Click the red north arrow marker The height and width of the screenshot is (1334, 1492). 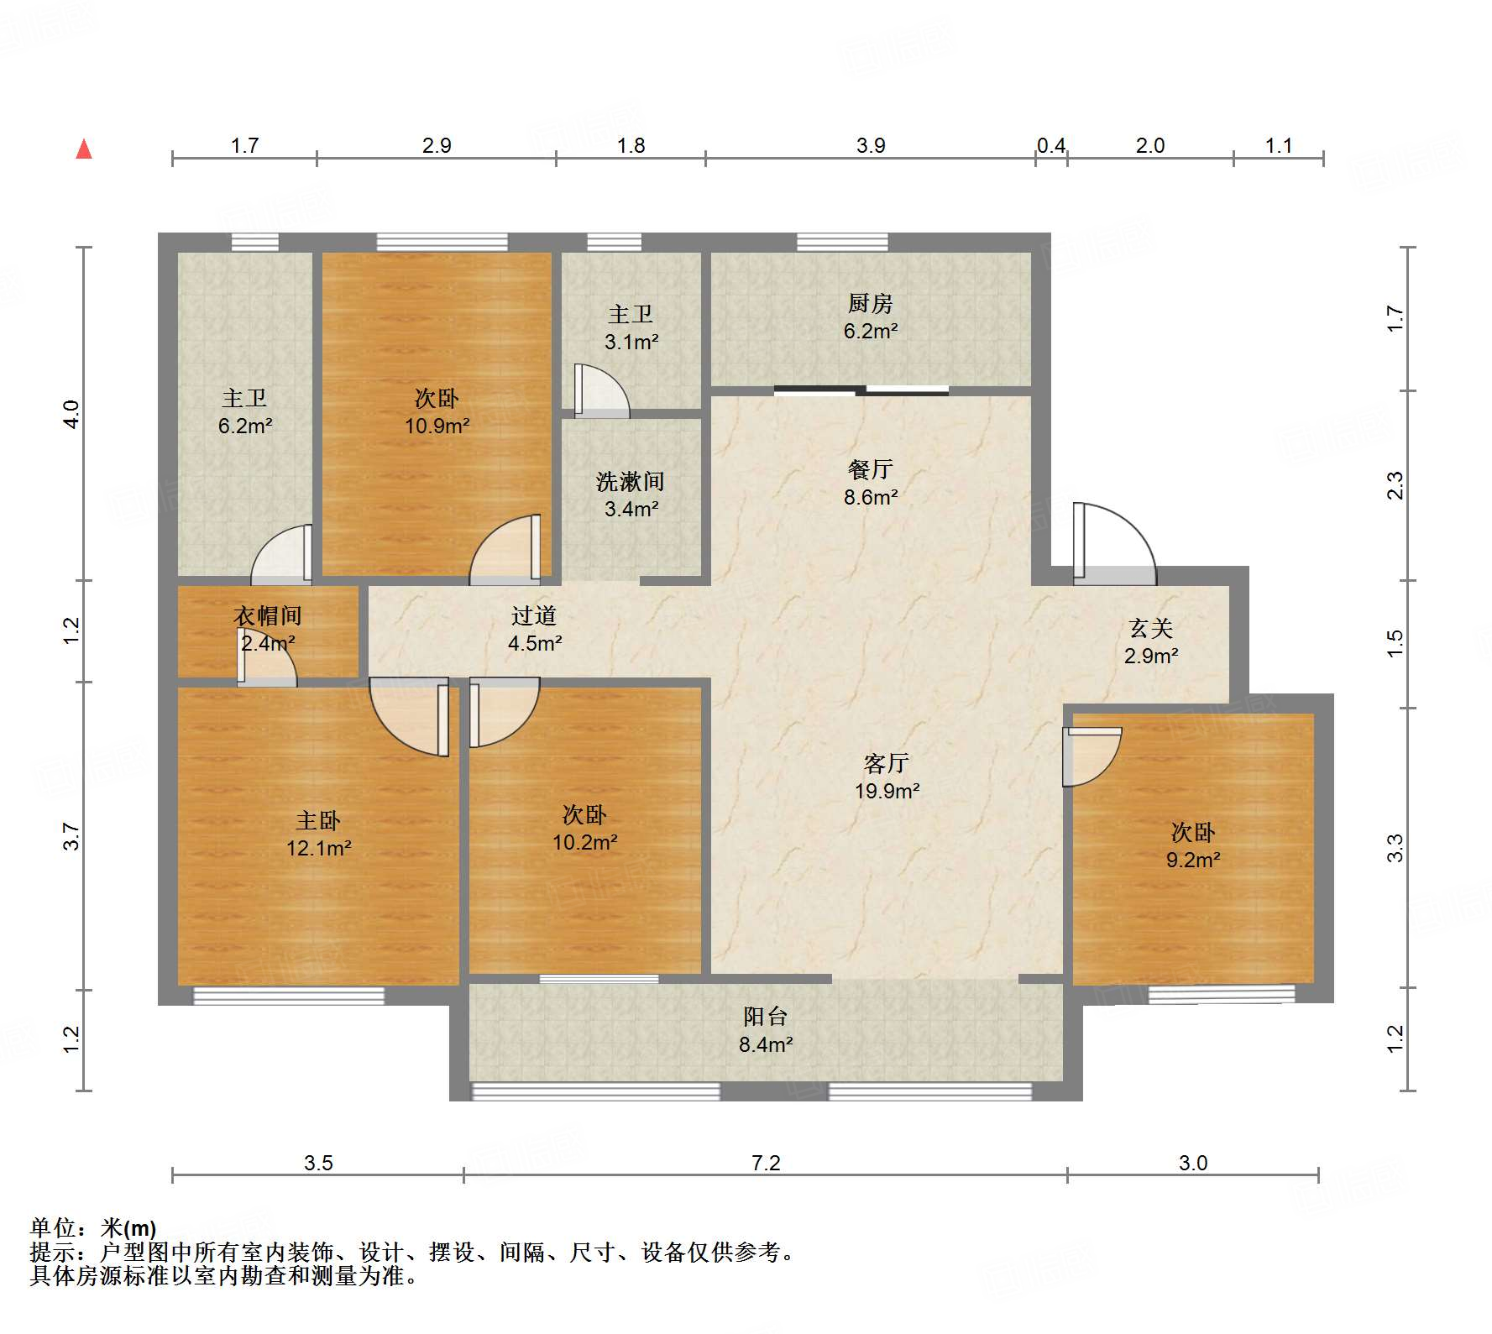[x=84, y=149]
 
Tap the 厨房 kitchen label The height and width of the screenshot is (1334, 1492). [x=870, y=303]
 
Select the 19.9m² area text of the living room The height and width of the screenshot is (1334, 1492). [x=887, y=791]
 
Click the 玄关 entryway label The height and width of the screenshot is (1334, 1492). [x=1150, y=628]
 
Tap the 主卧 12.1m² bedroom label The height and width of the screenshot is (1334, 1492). [x=318, y=820]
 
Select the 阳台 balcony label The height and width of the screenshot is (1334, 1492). [x=765, y=1017]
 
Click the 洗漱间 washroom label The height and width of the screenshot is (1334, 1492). [x=630, y=481]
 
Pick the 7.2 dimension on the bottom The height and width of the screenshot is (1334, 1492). [x=765, y=1163]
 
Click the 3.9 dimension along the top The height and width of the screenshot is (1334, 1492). [x=871, y=145]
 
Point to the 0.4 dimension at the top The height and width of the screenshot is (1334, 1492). [x=1050, y=145]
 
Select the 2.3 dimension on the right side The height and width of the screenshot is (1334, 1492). [x=1395, y=485]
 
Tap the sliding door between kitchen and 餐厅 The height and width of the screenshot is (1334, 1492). [x=861, y=390]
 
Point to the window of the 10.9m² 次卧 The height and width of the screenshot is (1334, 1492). [x=442, y=243]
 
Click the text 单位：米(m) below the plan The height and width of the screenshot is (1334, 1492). [x=93, y=1228]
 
